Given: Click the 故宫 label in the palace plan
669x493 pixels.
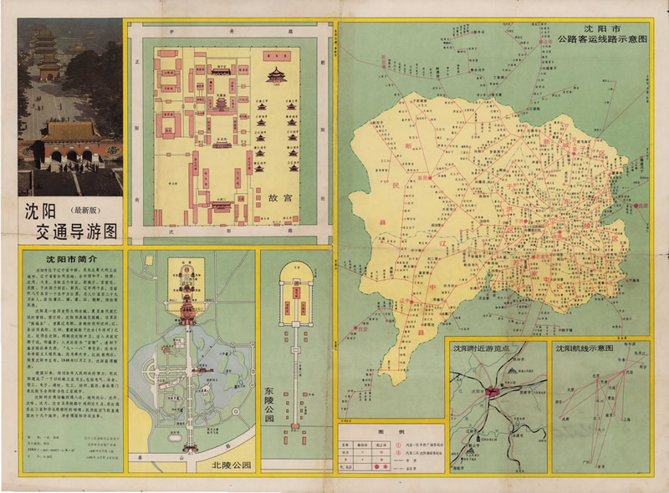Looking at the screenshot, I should coord(279,201).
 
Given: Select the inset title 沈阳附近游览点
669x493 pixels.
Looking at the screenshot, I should coord(493,348).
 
